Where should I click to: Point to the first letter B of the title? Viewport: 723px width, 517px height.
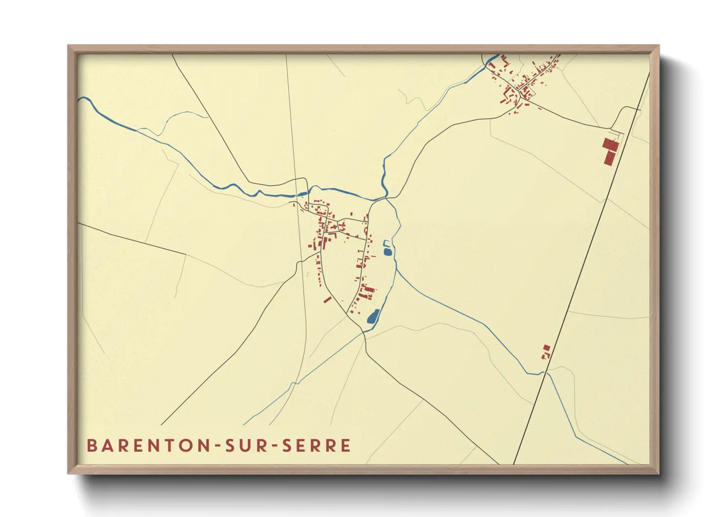click(91, 446)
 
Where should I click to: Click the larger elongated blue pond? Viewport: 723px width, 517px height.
click(373, 317)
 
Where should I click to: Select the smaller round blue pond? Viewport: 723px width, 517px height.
click(388, 252)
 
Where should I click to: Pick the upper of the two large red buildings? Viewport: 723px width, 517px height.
click(611, 144)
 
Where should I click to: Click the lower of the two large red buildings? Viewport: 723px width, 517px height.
click(610, 157)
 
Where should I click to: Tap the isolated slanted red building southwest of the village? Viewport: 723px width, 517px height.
click(328, 299)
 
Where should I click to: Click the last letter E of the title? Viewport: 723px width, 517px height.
click(346, 446)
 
